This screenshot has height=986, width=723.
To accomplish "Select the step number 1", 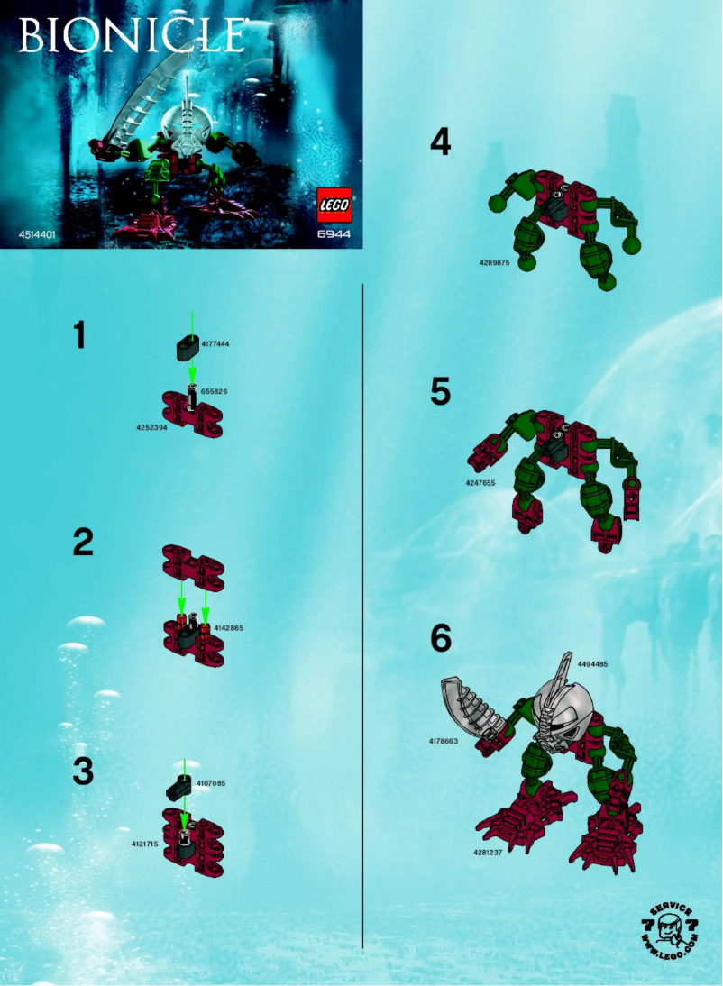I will point(79,335).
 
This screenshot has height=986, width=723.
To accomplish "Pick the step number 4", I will point(440,142).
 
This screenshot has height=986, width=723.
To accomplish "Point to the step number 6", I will point(440,638).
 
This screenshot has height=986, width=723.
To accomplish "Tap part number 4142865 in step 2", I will point(229,627).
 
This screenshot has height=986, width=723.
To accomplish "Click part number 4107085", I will point(211,783).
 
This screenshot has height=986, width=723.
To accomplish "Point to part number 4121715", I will point(145,844).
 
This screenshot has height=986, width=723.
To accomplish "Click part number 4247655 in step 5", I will point(480,483).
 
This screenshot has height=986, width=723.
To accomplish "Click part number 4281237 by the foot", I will point(487,852).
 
